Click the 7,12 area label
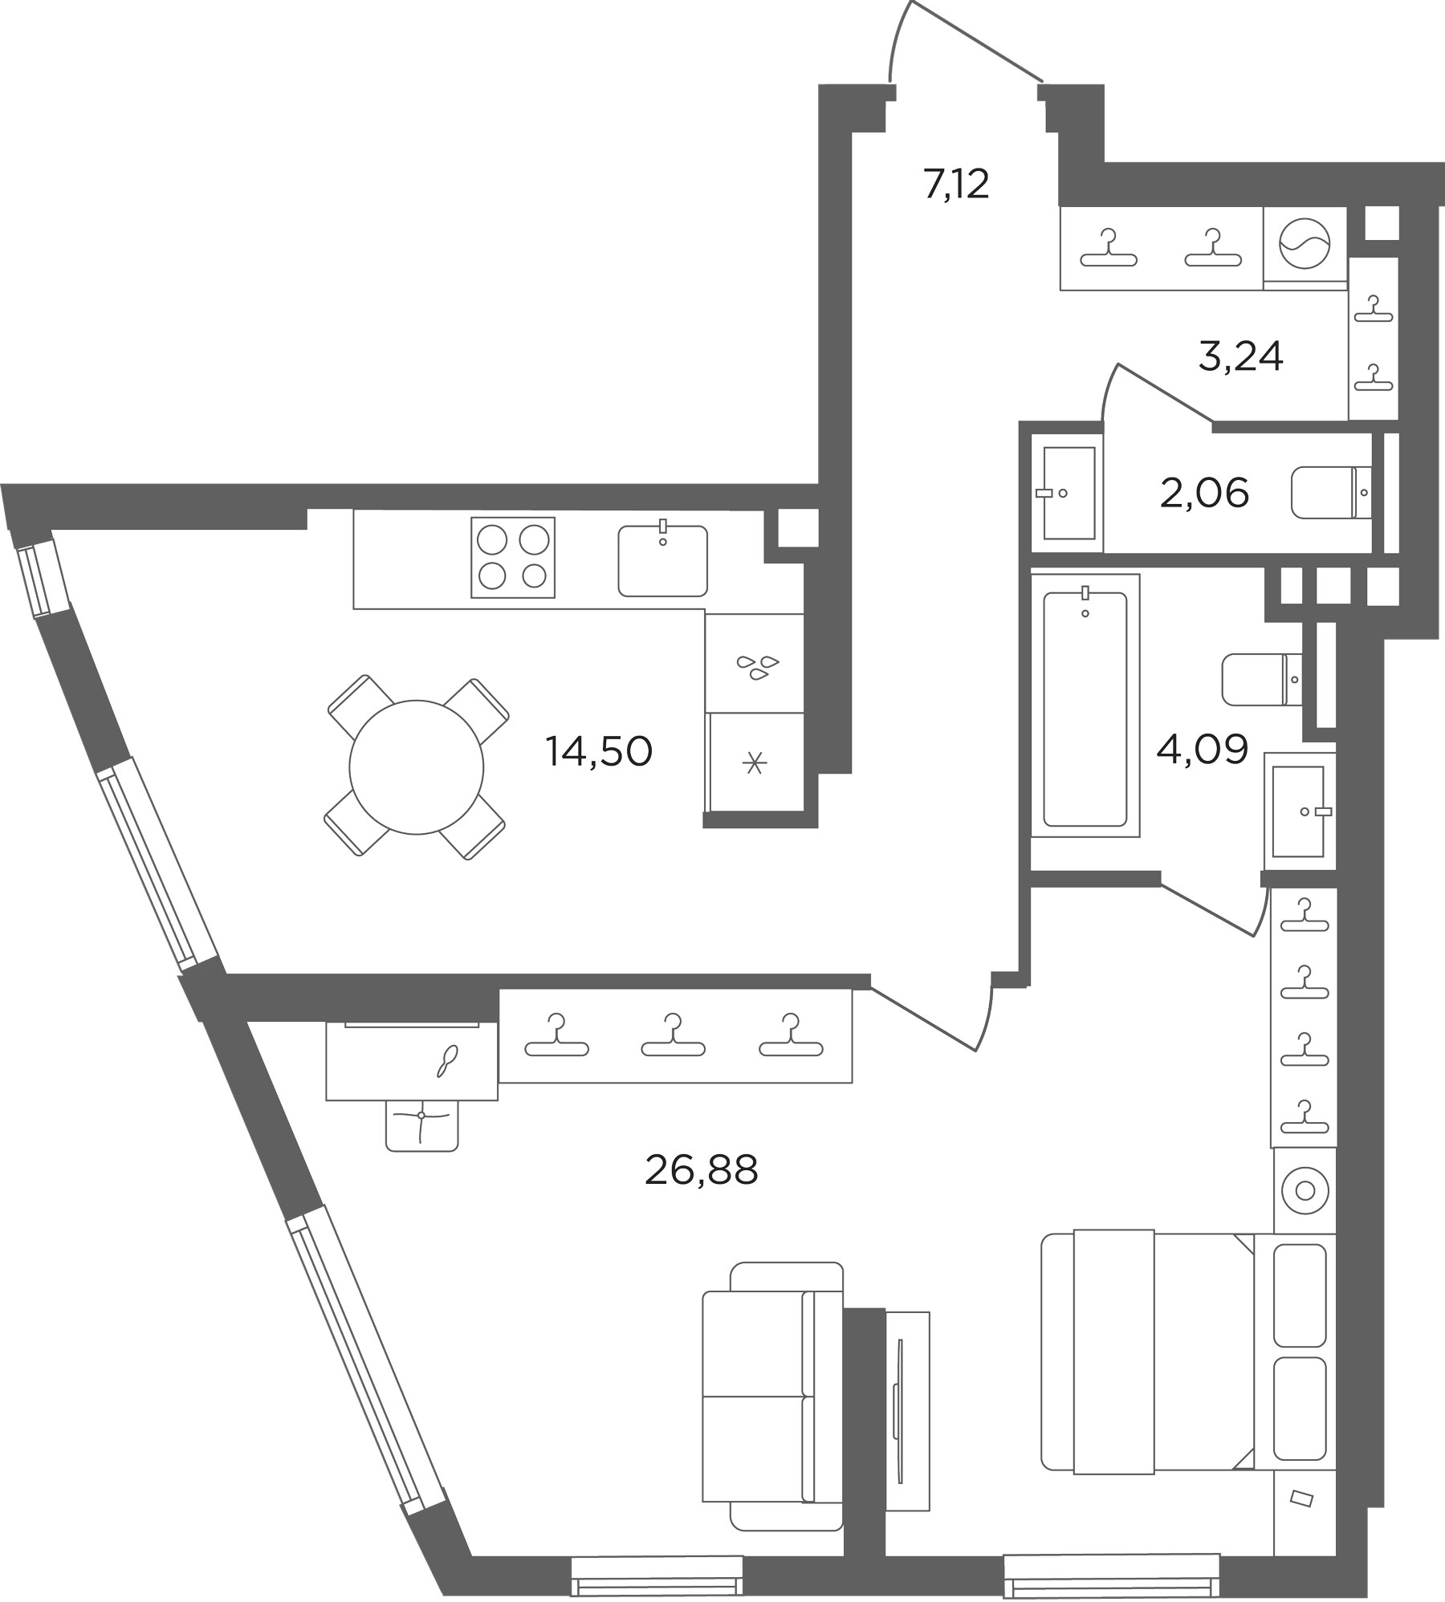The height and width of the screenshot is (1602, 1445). tap(956, 185)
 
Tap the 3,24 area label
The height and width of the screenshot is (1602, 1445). tap(1240, 356)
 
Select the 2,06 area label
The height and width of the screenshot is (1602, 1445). tap(1204, 493)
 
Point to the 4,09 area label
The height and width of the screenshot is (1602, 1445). tap(1202, 750)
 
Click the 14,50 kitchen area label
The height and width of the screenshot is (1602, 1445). tap(599, 752)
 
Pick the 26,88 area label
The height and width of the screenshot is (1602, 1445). tap(701, 1171)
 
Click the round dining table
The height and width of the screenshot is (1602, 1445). tap(417, 767)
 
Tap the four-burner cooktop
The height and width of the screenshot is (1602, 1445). tap(513, 558)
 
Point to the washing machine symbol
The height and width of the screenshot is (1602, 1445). tap(1305, 248)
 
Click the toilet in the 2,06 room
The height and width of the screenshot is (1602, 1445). tap(1332, 492)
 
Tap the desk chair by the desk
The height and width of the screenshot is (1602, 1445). tap(421, 1125)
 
